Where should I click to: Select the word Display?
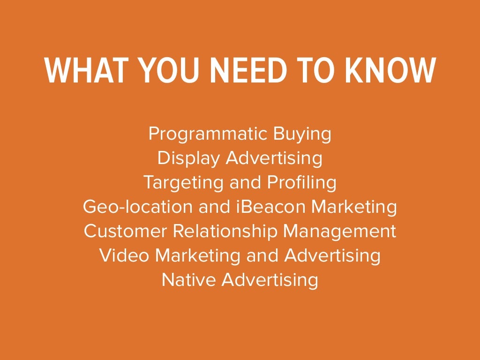pos(188,158)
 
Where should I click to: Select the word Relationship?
pos(225,231)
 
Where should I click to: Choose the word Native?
pos(189,280)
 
